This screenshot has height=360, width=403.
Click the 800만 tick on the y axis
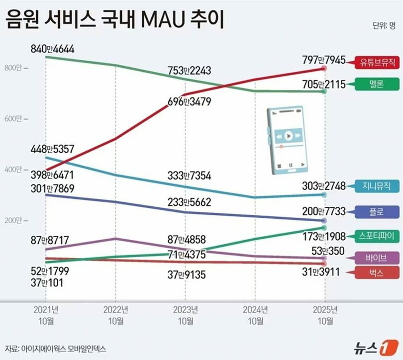pyautogui.click(x=15, y=68)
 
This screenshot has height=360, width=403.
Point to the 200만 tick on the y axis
pyautogui.click(x=15, y=220)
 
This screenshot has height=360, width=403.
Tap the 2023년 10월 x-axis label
pyautogui.click(x=185, y=315)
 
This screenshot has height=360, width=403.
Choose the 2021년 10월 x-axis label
pyautogui.click(x=46, y=315)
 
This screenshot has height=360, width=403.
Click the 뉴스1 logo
pyautogui.click(x=377, y=347)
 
